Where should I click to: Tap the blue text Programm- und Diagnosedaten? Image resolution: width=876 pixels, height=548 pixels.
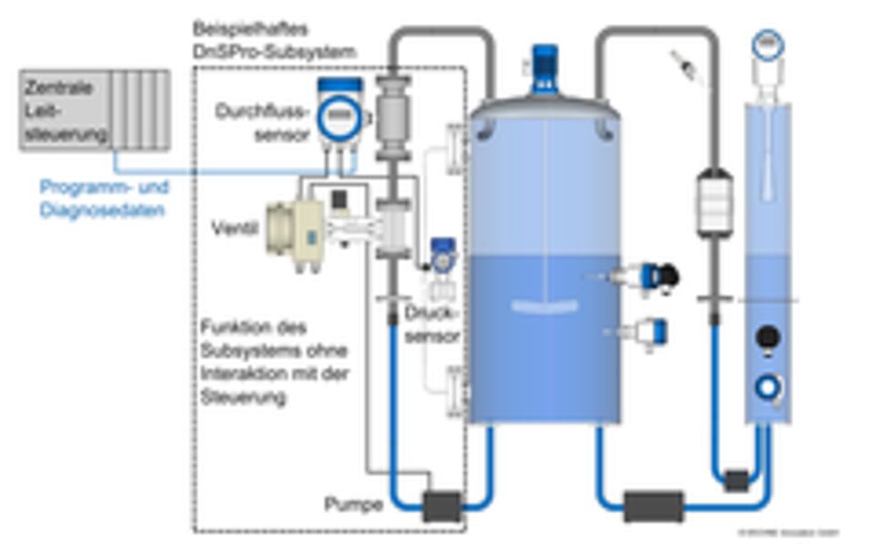tap(104, 198)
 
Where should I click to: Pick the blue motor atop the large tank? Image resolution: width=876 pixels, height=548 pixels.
tap(545, 65)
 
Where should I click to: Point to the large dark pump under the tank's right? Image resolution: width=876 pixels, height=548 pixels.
tap(653, 506)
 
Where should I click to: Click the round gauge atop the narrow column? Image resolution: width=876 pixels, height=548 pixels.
tap(768, 44)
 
